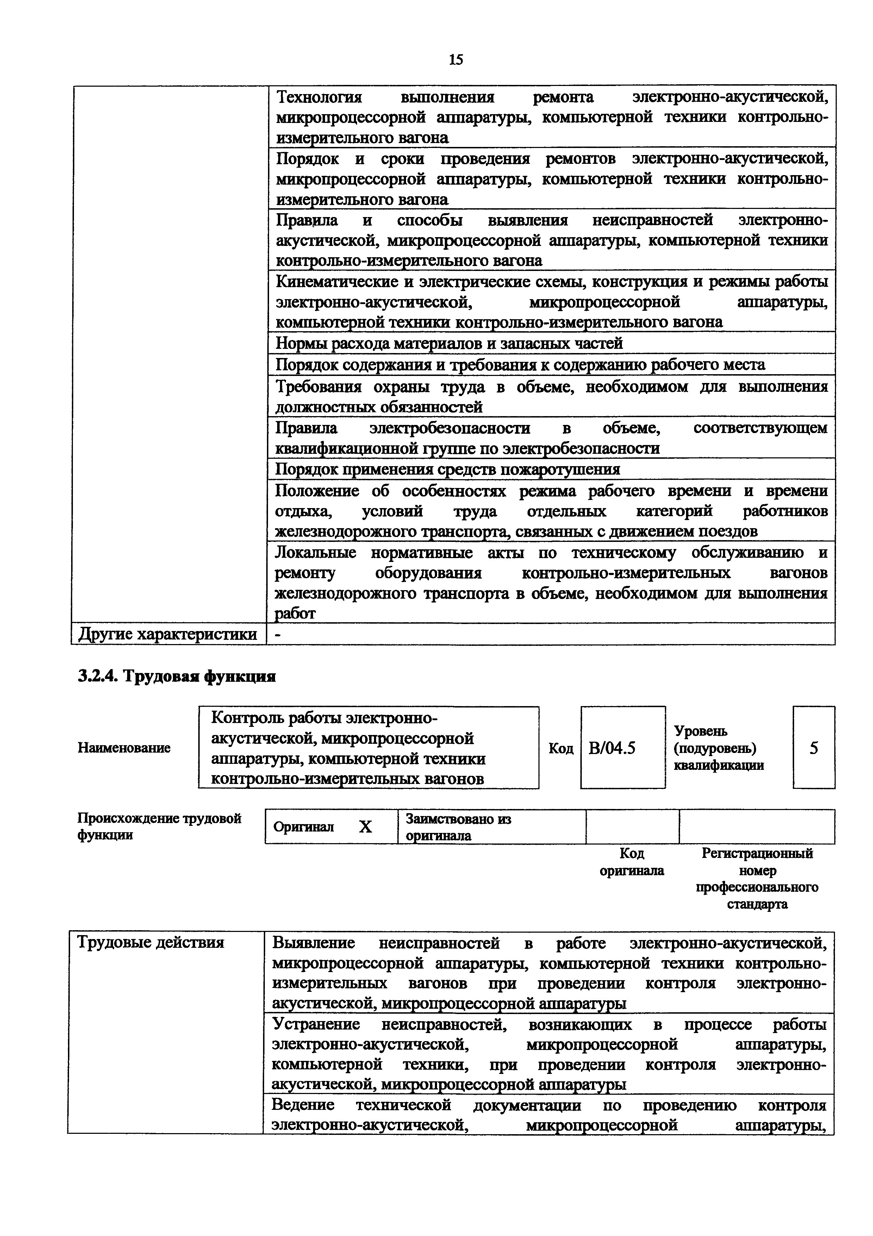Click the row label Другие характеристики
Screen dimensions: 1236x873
(168, 635)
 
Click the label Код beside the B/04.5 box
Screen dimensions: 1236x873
(561, 748)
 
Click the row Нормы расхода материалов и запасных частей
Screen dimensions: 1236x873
(449, 343)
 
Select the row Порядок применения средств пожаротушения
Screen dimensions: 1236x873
(448, 469)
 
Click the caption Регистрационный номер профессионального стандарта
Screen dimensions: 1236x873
(757, 878)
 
